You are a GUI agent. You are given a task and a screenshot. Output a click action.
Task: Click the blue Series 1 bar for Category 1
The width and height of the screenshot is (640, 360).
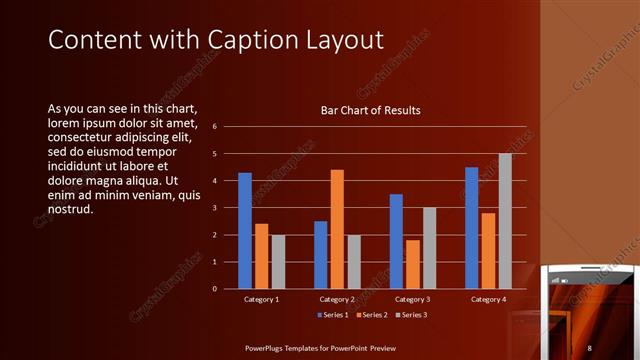coord(245,231)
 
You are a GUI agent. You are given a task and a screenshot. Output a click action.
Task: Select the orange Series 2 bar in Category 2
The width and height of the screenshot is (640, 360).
coord(337,229)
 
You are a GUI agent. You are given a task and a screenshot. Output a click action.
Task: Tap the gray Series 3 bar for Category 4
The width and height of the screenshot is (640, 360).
coord(505,221)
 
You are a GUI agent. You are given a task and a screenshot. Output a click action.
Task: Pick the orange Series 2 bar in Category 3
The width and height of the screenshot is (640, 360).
coord(413,264)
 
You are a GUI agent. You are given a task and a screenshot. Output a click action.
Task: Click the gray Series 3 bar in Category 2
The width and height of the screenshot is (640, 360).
coord(353,262)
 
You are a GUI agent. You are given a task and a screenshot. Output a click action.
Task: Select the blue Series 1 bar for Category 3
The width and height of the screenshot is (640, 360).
coord(396,241)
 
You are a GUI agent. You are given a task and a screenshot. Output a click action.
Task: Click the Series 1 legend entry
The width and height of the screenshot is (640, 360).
coord(333,316)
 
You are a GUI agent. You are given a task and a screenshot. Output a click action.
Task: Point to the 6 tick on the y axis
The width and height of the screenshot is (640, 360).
coord(214,127)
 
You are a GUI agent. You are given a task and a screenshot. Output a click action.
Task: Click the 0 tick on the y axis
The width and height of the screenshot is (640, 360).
coord(214,289)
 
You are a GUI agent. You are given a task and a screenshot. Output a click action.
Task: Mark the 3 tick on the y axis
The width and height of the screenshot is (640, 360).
coord(214,208)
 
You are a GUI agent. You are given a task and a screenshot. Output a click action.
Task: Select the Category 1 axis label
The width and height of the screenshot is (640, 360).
coord(262,299)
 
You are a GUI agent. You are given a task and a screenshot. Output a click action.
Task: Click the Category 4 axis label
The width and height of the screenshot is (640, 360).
coord(488,299)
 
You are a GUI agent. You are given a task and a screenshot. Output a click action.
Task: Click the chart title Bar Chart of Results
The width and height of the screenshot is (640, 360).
coord(370,110)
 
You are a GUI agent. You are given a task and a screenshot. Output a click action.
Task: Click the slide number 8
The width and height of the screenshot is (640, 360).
coord(590,347)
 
